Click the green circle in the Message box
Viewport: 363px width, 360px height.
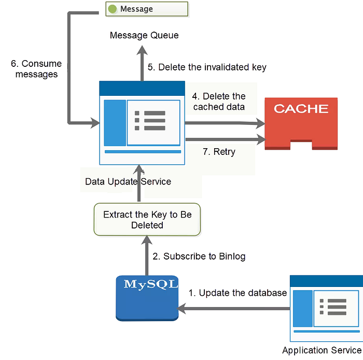pos(113,9)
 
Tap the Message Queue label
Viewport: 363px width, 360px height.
pos(144,35)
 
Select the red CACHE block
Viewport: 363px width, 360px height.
pos(301,123)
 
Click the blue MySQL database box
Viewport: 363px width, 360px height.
pos(147,298)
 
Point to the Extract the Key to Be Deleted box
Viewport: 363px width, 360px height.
pos(147,220)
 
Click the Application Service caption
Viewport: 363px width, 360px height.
pos(322,350)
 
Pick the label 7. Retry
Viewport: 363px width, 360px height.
pos(219,152)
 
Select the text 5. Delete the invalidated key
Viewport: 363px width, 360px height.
pos(207,67)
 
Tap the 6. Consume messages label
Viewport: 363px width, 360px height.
pos(36,69)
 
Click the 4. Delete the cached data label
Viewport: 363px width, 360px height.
pos(219,102)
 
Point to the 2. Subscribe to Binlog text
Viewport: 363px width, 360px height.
pos(199,256)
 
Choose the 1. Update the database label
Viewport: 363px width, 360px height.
pos(238,293)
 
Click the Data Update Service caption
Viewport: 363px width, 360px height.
pos(128,182)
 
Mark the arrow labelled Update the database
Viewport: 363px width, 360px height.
pos(233,309)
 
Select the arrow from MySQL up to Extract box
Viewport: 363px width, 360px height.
pos(147,255)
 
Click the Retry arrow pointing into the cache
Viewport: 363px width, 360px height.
pos(226,139)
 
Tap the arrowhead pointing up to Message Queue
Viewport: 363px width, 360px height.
pos(142,50)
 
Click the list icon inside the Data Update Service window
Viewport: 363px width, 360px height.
pos(150,121)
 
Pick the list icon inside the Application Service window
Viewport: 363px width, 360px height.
pos(333,307)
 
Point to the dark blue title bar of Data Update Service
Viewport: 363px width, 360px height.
pos(142,89)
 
